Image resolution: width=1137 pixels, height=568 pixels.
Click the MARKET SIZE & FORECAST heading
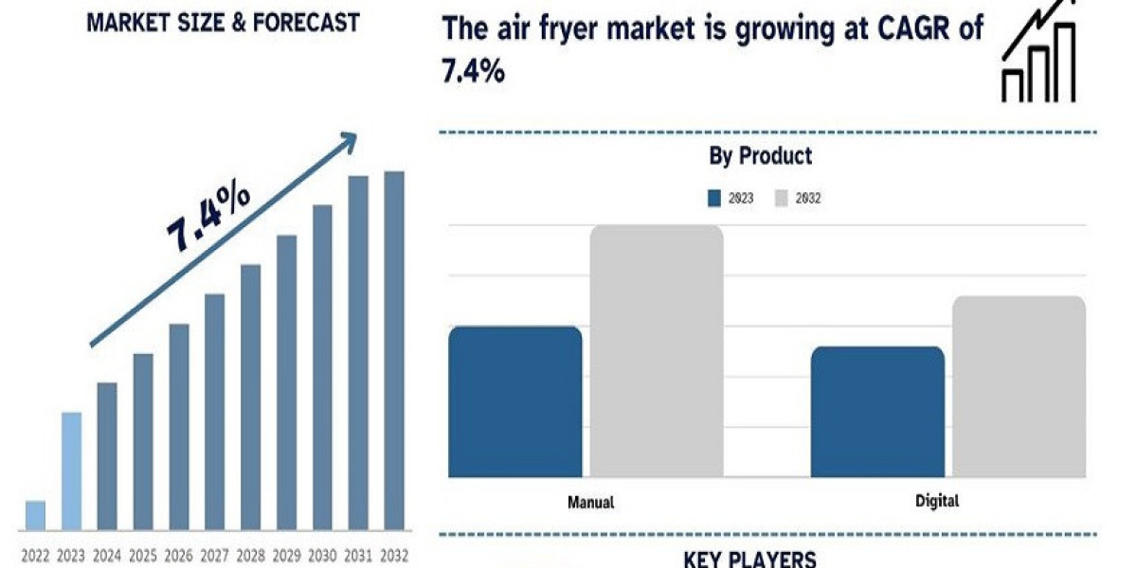tap(223, 23)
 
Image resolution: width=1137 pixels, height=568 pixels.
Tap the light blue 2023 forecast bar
tap(71, 470)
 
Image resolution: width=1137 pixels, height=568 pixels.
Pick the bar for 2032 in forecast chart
tap(393, 350)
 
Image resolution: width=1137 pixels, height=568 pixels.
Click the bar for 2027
tap(215, 411)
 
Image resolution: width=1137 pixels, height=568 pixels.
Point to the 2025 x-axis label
tap(143, 555)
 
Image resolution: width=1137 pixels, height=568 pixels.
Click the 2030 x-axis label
tap(322, 555)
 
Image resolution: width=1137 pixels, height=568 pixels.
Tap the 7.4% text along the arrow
tap(208, 220)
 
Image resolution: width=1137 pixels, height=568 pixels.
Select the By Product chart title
tap(761, 156)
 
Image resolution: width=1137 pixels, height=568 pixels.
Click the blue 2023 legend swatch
tap(715, 199)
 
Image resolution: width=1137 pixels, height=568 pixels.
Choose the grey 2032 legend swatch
tap(782, 199)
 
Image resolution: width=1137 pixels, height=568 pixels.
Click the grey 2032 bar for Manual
tap(657, 350)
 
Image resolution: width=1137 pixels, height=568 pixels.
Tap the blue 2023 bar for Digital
tap(877, 411)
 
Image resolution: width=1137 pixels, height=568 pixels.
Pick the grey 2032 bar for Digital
tap(1019, 385)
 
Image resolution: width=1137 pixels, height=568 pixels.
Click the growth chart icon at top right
tap(1039, 53)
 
